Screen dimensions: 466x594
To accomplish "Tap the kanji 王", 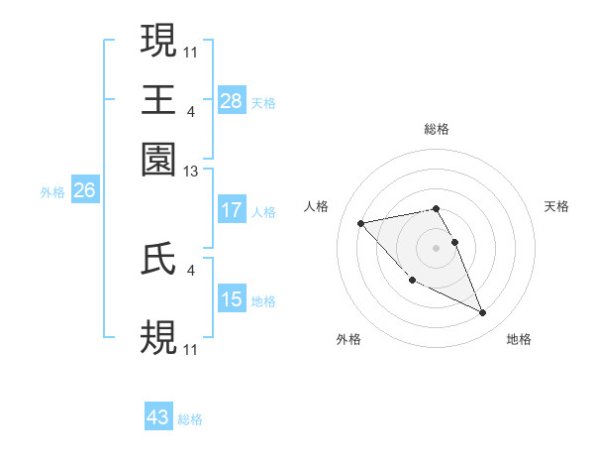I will click(x=159, y=99).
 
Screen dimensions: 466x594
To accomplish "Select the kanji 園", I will click(x=159, y=159).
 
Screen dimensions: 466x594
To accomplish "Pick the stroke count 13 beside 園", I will click(x=191, y=172).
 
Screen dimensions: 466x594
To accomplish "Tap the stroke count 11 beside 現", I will click(x=191, y=51).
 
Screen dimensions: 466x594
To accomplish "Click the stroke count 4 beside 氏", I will click(x=191, y=269).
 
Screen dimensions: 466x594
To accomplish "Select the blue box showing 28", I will click(x=232, y=100).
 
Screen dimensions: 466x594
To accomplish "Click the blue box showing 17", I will click(x=232, y=210).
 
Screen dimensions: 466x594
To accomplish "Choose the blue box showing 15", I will click(x=232, y=299).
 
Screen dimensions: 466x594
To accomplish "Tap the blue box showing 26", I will click(x=84, y=190).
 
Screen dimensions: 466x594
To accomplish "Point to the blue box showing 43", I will click(x=158, y=417).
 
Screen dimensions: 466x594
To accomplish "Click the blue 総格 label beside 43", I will click(x=190, y=419).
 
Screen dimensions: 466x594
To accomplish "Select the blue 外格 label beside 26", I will click(x=51, y=192).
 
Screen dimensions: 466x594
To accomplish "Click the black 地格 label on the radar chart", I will click(x=519, y=339).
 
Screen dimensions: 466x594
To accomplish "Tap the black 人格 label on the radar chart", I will click(x=317, y=206).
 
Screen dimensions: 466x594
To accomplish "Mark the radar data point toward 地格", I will click(x=482, y=313).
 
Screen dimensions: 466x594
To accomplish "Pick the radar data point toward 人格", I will click(x=360, y=223).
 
